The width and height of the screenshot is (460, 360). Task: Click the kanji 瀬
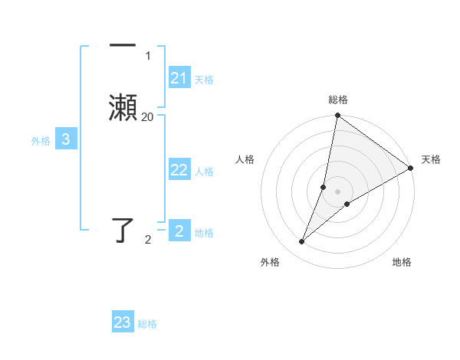point(123,107)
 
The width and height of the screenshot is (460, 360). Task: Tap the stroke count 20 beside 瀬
point(147,116)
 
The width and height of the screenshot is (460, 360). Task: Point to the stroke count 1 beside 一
point(147,56)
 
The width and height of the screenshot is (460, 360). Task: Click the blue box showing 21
point(179,78)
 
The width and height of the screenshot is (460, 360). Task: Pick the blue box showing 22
point(179,170)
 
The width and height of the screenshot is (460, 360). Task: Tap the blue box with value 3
point(66,139)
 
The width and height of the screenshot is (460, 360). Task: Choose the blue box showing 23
point(123,322)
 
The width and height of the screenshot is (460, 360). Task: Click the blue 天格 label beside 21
point(204,80)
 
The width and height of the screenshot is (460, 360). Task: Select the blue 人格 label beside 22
point(204,172)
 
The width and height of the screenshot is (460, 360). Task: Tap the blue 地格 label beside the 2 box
point(204,233)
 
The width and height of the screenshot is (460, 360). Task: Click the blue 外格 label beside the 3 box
point(41,141)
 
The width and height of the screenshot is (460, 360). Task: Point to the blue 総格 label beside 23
point(148,324)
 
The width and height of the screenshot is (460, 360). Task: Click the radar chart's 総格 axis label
point(338,100)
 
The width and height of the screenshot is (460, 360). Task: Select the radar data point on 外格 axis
point(302,242)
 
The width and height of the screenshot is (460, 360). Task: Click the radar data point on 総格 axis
point(338,116)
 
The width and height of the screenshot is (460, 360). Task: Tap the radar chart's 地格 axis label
point(402,262)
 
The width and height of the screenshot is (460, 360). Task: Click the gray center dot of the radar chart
point(338,191)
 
